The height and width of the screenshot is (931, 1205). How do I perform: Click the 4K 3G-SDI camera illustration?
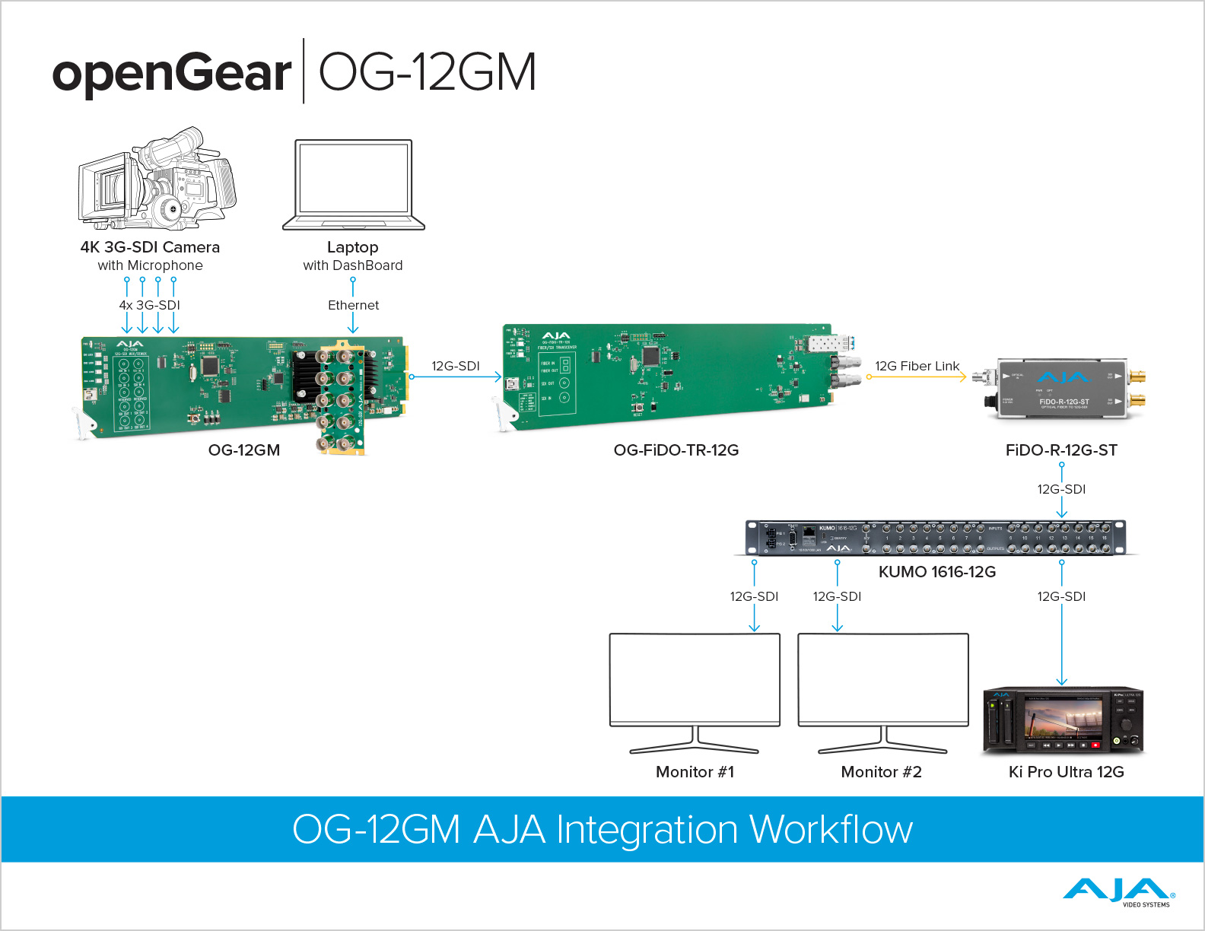[157, 180]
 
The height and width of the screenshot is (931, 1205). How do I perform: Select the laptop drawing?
[354, 185]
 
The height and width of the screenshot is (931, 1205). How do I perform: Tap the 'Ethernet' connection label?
[353, 305]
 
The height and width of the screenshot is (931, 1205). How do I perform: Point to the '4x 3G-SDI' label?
[150, 305]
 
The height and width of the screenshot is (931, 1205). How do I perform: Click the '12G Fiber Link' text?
[917, 366]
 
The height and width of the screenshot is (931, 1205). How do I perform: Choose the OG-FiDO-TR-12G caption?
[676, 450]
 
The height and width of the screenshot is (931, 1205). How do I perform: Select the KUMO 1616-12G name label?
[936, 572]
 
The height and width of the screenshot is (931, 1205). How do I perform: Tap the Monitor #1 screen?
[695, 678]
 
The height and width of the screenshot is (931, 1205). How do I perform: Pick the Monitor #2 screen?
[883, 678]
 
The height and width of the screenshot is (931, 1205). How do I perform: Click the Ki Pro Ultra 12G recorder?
[1063, 721]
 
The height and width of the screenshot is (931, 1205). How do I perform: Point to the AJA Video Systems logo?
[1118, 892]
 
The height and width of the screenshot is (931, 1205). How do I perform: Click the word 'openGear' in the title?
[172, 73]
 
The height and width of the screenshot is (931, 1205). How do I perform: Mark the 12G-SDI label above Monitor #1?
[754, 596]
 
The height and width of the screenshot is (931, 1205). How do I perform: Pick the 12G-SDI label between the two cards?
[456, 366]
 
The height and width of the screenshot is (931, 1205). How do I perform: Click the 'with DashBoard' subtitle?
[353, 265]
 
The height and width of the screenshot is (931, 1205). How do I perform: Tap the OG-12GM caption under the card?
[244, 450]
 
